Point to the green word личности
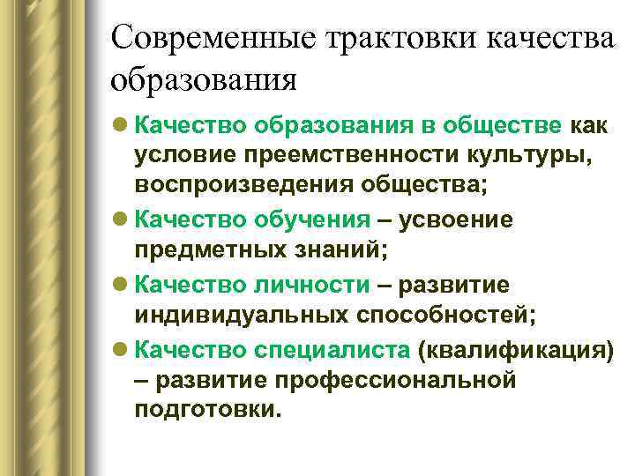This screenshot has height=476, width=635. click(313, 284)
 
